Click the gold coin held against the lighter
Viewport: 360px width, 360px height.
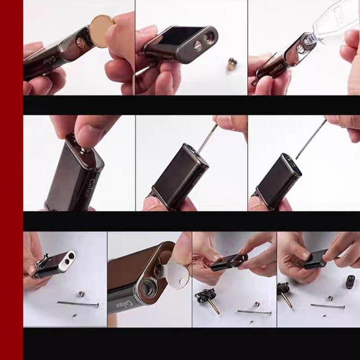[x=102, y=31]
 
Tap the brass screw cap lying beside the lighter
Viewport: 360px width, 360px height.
[x=231, y=64]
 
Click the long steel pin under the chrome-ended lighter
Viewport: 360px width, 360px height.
[x=78, y=304]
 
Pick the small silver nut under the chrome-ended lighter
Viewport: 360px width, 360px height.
[x=80, y=293]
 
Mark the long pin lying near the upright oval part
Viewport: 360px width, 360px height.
[x=328, y=306]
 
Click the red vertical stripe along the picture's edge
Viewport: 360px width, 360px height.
[x=11, y=180]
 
